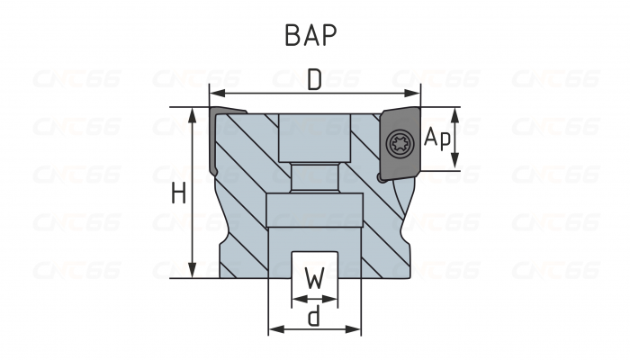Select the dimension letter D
click(314, 80)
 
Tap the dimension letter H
click(178, 193)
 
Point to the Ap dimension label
click(437, 138)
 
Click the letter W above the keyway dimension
click(314, 280)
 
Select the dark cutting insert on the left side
click(216, 139)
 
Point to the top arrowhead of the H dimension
click(193, 112)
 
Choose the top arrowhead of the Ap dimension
click(455, 112)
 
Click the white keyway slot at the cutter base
click(314, 266)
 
